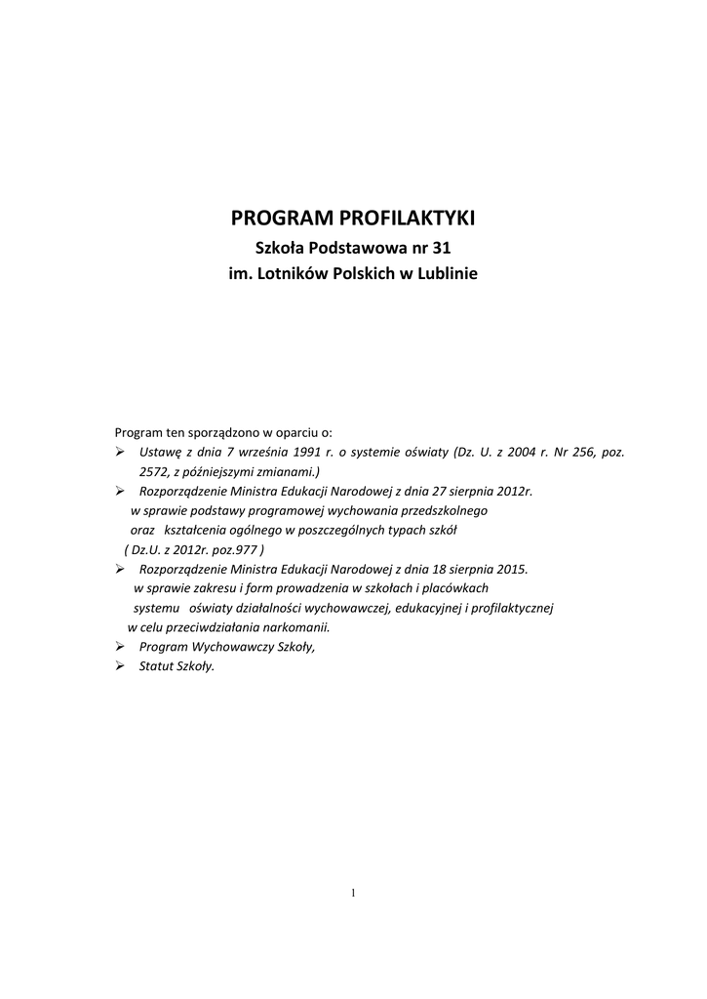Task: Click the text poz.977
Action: click(235, 548)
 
